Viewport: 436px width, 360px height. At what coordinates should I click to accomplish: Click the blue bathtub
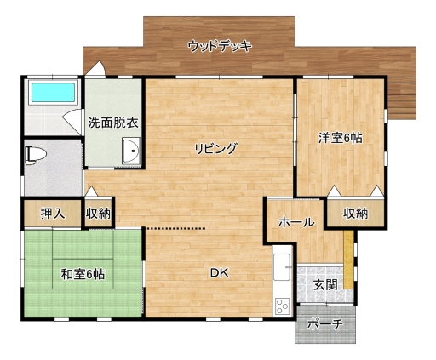(53, 92)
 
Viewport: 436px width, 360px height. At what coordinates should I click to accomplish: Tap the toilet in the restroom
(36, 155)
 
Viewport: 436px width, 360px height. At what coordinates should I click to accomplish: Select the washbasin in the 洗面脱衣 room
(131, 151)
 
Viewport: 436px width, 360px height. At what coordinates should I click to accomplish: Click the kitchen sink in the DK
(282, 267)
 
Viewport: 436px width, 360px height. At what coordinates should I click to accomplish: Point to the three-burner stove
(282, 306)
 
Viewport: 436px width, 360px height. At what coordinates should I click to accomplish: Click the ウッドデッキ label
(220, 46)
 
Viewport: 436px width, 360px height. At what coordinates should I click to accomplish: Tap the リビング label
(215, 148)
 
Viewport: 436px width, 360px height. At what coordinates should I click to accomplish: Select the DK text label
(220, 273)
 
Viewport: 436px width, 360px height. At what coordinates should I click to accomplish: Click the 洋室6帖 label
(340, 138)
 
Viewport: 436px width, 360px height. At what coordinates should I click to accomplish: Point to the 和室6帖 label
(83, 274)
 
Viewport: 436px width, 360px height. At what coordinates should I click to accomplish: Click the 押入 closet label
(53, 214)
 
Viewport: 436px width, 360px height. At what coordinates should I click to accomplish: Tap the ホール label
(296, 222)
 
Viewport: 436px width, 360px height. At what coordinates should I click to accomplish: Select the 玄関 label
(325, 284)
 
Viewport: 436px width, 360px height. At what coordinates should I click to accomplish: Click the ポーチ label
(324, 323)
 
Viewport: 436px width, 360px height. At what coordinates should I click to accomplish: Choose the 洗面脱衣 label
(113, 123)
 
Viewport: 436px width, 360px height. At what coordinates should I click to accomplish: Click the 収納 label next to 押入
(98, 214)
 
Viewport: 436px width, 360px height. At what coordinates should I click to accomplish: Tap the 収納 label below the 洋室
(356, 214)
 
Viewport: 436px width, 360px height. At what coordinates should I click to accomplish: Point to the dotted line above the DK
(175, 228)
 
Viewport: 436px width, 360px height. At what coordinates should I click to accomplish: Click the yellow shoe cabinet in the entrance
(348, 260)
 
